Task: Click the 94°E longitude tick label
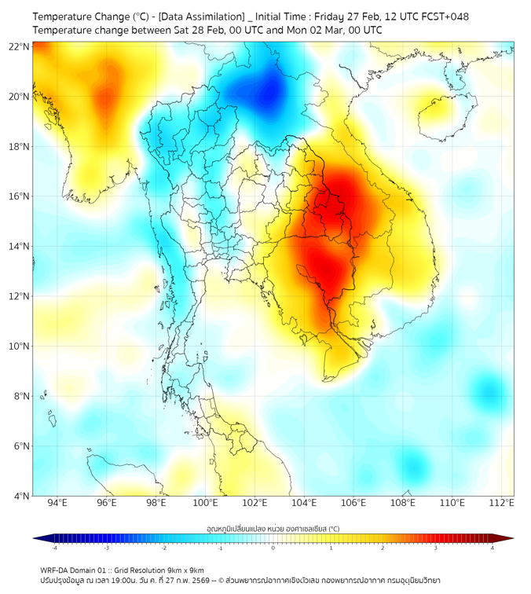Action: point(57,504)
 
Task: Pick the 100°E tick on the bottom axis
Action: point(206,504)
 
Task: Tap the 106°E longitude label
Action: point(353,504)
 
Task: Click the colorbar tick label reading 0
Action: point(273,548)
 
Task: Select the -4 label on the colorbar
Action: point(53,548)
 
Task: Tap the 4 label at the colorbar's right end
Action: point(493,548)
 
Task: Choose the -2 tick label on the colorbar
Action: point(163,548)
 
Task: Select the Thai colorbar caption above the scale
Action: point(273,529)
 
